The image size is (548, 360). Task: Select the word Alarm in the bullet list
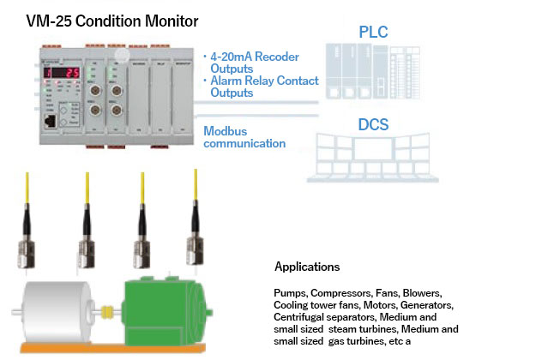231,81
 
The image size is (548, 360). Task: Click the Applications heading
306,267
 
